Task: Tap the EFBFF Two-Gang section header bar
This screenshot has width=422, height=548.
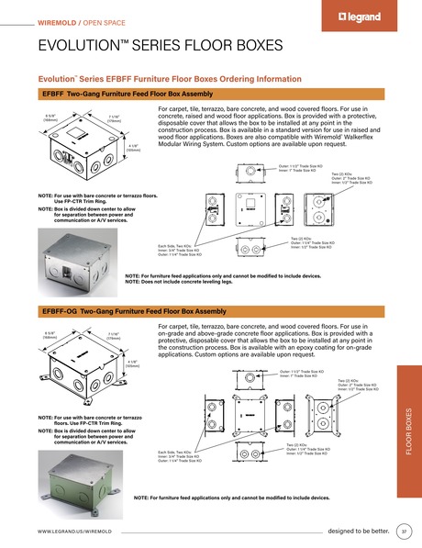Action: point(128,95)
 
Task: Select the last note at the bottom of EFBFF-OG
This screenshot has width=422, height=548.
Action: point(231,498)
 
